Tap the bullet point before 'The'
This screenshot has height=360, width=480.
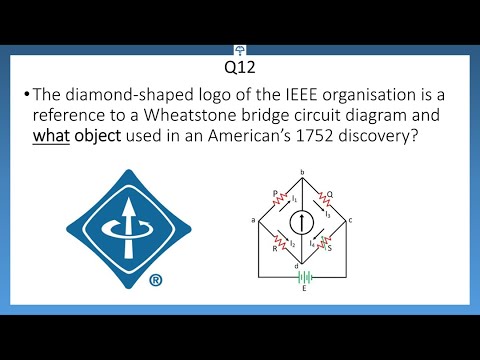click(23, 95)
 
